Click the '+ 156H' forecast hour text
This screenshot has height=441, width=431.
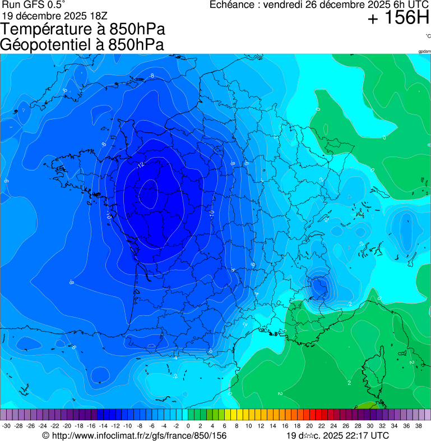pyautogui.click(x=398, y=19)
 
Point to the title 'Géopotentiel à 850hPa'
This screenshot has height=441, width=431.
pyautogui.click(x=82, y=45)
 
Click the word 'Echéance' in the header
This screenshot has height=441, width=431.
pyautogui.click(x=232, y=5)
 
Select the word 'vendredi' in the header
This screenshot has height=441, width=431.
pyautogui.click(x=284, y=5)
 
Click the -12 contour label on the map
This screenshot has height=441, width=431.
pyautogui.click(x=140, y=165)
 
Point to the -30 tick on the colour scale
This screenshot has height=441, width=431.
pyautogui.click(x=7, y=426)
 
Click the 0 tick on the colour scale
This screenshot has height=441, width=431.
pyautogui.click(x=188, y=426)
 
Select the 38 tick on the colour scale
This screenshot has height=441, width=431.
pyautogui.click(x=419, y=426)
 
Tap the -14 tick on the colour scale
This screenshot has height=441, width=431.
pyautogui.click(x=103, y=426)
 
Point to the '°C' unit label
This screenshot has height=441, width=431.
pyautogui.click(x=427, y=36)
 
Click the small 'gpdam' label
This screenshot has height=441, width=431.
pyautogui.click(x=424, y=51)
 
